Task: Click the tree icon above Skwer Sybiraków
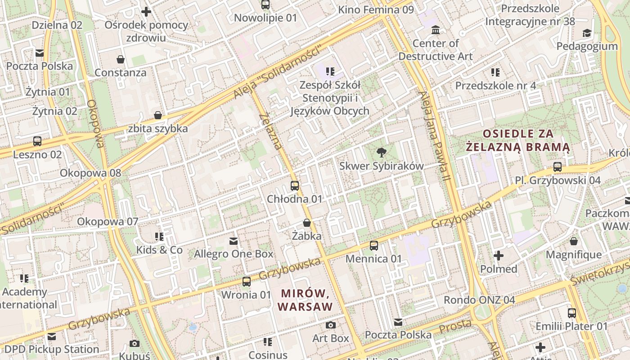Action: click(382, 152)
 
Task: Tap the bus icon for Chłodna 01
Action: click(295, 185)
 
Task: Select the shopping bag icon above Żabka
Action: click(307, 223)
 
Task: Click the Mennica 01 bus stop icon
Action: click(373, 245)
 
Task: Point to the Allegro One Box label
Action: click(234, 254)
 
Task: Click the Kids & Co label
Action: click(160, 250)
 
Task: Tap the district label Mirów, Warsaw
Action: click(305, 300)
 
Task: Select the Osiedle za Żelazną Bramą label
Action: click(518, 140)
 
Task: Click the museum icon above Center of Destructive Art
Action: click(436, 30)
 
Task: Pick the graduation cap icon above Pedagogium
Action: click(587, 33)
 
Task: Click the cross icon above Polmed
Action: click(499, 256)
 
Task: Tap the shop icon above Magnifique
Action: click(573, 242)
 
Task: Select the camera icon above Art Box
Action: click(331, 325)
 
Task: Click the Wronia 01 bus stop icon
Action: click(246, 282)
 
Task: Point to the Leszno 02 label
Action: click(37, 154)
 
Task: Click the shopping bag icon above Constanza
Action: click(121, 59)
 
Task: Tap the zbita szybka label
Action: click(158, 128)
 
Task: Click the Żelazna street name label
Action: click(271, 131)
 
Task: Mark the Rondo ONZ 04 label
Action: click(479, 300)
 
